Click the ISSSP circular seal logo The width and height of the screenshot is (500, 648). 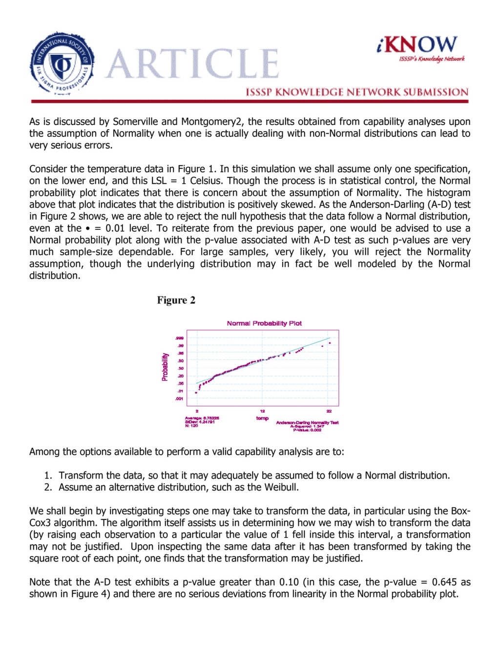click(x=62, y=64)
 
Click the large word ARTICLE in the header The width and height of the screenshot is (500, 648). click(x=192, y=64)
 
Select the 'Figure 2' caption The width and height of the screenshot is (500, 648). click(x=176, y=300)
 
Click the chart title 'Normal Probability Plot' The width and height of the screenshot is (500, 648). click(x=264, y=323)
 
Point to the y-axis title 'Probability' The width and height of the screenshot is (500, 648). click(x=165, y=367)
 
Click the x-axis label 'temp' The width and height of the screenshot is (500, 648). click(x=262, y=418)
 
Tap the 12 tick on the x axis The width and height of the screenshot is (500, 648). click(x=262, y=411)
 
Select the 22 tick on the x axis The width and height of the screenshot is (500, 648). click(x=329, y=411)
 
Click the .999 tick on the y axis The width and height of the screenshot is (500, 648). click(x=180, y=338)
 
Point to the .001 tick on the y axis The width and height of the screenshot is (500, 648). click(x=180, y=399)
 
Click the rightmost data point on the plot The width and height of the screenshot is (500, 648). click(x=330, y=343)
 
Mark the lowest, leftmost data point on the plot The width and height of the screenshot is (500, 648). click(x=196, y=392)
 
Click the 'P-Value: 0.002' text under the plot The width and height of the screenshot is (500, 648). click(x=307, y=430)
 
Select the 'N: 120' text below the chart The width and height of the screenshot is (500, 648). click(x=191, y=426)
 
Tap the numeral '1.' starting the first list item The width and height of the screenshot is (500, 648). click(x=48, y=475)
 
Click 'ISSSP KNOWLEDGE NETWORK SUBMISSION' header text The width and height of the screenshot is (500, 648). click(x=357, y=92)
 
